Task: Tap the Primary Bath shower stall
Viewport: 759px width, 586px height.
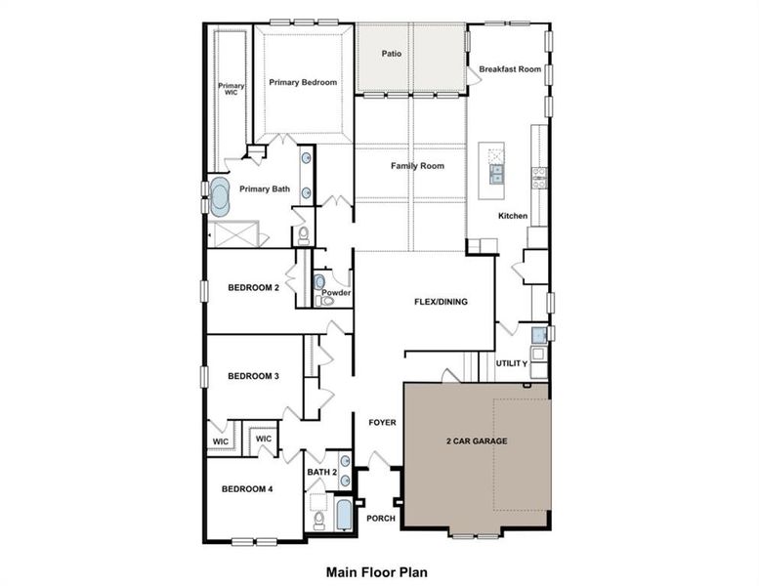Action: click(x=235, y=235)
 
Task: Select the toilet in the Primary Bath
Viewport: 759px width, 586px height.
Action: click(x=302, y=235)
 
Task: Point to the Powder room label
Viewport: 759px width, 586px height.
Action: click(x=336, y=293)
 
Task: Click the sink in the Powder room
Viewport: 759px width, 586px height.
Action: click(x=320, y=281)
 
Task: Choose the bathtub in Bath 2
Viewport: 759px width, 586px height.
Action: click(x=344, y=515)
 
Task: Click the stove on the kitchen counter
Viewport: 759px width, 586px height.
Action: click(x=538, y=177)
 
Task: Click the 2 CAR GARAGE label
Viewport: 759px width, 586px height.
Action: click(x=478, y=441)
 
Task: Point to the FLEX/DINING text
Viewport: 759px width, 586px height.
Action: click(x=441, y=302)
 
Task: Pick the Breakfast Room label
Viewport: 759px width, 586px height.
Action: click(x=509, y=69)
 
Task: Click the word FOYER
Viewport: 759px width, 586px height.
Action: click(x=382, y=423)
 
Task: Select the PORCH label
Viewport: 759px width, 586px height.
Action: click(x=381, y=518)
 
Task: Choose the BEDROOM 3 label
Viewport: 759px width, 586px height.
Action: click(x=254, y=376)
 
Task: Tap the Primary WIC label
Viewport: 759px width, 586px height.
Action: click(x=232, y=89)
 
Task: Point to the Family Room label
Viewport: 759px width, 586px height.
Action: click(x=417, y=166)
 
